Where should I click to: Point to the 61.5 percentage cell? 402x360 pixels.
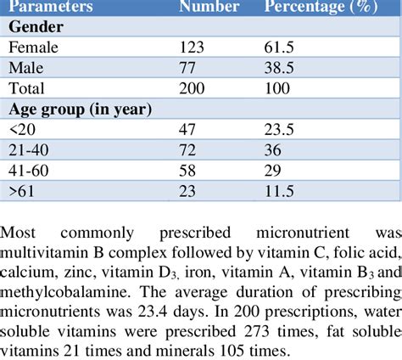pyautogui.click(x=281, y=48)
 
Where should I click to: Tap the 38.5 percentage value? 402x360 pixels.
pyautogui.click(x=281, y=68)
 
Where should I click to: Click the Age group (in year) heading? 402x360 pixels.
pyautogui.click(x=80, y=109)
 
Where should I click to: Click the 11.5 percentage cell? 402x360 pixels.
pyautogui.click(x=281, y=190)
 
